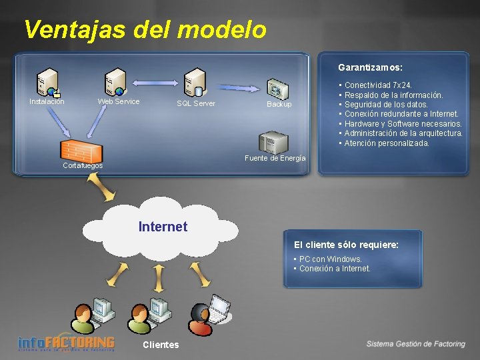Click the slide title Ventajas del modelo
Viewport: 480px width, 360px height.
coord(145,29)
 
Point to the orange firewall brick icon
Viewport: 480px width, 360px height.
coord(81,151)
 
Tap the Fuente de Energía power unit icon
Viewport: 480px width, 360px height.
coord(273,142)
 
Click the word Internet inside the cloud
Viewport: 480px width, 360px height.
coord(163,227)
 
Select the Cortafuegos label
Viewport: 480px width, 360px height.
coord(82,165)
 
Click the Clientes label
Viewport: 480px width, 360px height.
coord(161,345)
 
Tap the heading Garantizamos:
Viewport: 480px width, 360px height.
coord(370,67)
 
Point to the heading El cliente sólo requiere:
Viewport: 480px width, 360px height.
coord(346,245)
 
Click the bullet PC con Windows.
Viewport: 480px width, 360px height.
coord(330,259)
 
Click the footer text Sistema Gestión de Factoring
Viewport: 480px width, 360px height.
coord(415,344)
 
